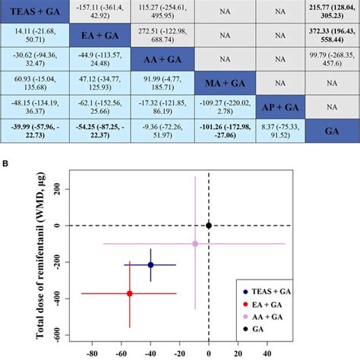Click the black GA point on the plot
point(209,226)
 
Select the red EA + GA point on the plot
point(129,293)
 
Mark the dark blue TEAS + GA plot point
point(150,265)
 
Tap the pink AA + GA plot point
point(195,244)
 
